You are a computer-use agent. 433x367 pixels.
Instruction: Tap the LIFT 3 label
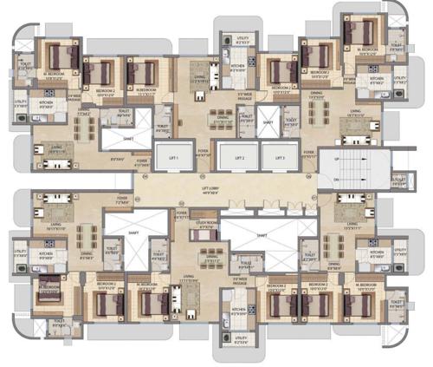(275, 158)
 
